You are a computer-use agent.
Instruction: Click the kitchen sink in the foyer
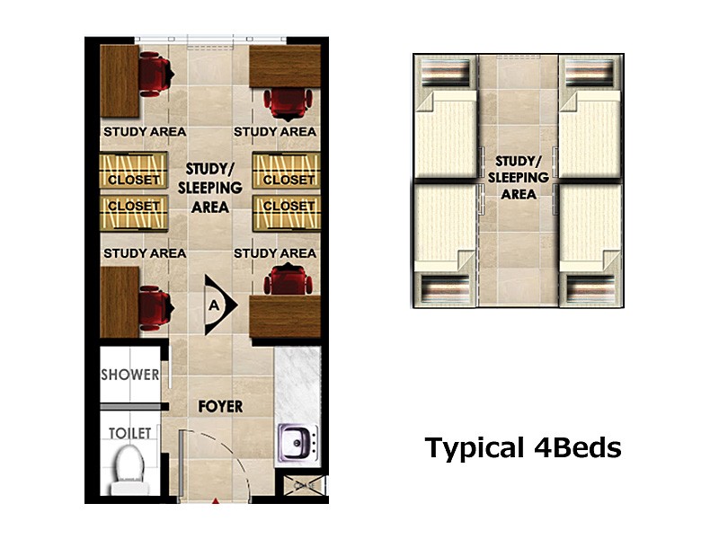coord(298,443)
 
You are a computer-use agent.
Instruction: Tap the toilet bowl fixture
coord(129,469)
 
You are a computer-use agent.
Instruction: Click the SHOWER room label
coord(129,375)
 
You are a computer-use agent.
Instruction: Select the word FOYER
coord(220,406)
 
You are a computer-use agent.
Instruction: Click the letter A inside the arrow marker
coord(214,305)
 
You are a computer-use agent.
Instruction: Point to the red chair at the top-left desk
coord(155,75)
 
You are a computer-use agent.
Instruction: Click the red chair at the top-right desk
coord(288,104)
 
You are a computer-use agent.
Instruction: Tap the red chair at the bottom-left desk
coord(155,308)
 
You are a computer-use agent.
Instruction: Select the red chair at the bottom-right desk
coord(288,279)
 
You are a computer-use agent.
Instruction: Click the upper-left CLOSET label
coord(133,180)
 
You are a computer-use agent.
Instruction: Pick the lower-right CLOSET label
coord(288,207)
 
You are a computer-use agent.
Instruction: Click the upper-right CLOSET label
coord(288,180)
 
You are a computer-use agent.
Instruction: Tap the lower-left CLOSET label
coord(133,207)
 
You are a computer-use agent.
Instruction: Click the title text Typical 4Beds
coord(523,448)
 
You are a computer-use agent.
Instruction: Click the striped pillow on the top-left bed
coord(445,73)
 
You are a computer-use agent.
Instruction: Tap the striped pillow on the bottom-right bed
coord(590,288)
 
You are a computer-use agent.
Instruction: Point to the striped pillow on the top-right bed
coord(590,73)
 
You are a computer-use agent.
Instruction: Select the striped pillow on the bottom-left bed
coord(445,288)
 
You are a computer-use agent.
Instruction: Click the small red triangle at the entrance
coord(216,501)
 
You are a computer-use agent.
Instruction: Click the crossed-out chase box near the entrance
coord(305,485)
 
